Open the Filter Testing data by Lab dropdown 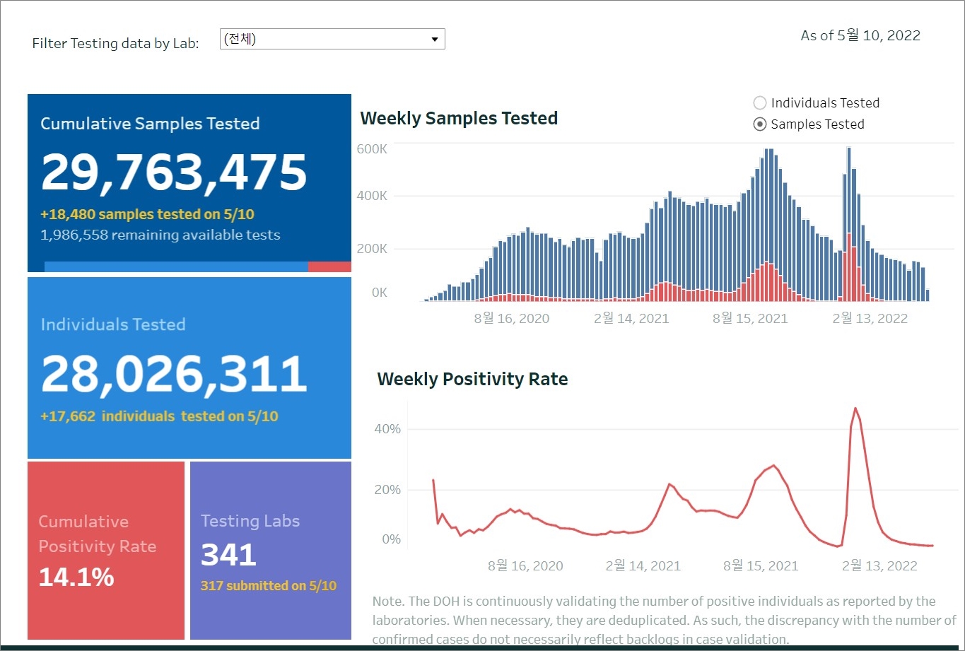click(332, 40)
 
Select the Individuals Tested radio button click(760, 103)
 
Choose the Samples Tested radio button click(760, 124)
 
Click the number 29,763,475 click(174, 172)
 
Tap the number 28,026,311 click(174, 374)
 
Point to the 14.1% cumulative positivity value click(76, 577)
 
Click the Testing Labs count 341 click(228, 556)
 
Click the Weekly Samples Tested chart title click(459, 118)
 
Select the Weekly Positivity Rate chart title click(472, 380)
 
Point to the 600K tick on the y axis click(372, 149)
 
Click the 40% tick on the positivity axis click(387, 429)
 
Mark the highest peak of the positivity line click(855, 408)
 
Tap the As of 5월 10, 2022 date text click(860, 35)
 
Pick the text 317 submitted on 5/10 click(269, 586)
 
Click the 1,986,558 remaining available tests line click(160, 235)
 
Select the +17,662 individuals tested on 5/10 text click(159, 416)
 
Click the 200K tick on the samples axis click(372, 249)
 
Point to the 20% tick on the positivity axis click(387, 490)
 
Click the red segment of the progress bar click(329, 266)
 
